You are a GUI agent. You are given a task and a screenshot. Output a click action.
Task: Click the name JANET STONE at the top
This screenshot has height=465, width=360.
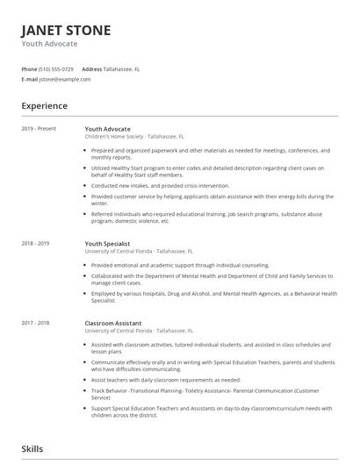tap(66, 31)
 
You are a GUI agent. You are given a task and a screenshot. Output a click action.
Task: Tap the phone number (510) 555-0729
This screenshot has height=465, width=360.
tap(57, 68)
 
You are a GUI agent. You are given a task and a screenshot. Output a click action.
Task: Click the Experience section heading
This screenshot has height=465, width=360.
tap(44, 106)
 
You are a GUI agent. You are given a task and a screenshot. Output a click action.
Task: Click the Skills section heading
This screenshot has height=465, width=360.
tap(33, 449)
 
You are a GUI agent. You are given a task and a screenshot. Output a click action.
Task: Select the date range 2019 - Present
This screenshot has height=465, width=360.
tap(39, 129)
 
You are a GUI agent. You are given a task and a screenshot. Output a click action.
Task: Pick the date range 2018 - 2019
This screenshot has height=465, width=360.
tap(37, 243)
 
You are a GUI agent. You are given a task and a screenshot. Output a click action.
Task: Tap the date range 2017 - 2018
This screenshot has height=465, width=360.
tap(37, 322)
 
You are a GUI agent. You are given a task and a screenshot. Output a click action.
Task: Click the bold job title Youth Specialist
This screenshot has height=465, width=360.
tap(107, 243)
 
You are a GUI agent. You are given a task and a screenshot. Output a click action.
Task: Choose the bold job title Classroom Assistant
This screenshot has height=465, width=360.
tap(113, 322)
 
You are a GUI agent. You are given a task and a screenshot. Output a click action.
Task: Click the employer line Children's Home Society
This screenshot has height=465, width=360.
tap(134, 138)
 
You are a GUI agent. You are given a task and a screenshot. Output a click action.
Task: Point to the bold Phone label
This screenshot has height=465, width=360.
tap(29, 68)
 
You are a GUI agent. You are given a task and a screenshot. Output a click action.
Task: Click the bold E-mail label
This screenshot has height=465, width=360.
tap(29, 79)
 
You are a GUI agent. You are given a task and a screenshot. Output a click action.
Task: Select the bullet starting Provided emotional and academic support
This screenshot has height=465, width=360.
tap(180, 264)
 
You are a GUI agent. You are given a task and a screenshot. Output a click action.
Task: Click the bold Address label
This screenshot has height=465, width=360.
tap(91, 68)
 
